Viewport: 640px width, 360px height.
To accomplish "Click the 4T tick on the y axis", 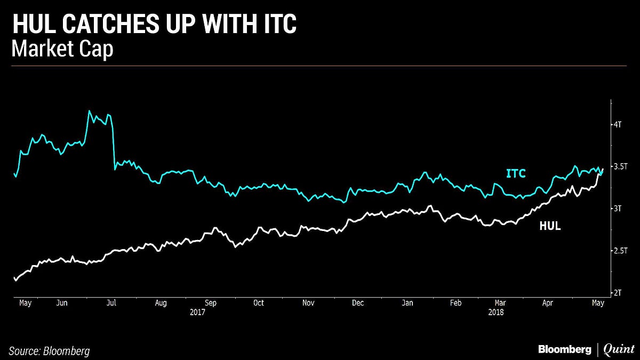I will pos(618,124).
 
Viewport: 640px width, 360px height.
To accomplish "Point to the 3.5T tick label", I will pos(620,166).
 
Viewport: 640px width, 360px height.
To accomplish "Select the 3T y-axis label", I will pos(618,209).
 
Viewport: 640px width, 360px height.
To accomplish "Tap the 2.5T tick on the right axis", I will pos(620,251).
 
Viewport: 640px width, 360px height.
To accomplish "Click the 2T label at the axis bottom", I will pos(618,293).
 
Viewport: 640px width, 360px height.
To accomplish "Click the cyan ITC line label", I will pos(516,173).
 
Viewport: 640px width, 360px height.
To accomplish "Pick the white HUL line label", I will pos(550,226).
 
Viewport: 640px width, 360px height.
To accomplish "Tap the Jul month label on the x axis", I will pos(112,303).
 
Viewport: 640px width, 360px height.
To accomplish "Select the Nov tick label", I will pos(308,303).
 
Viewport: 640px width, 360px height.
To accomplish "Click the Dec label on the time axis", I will pos(358,303).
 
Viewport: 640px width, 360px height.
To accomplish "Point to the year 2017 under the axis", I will pos(197,312).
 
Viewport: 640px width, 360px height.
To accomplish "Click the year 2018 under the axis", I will pos(496,312).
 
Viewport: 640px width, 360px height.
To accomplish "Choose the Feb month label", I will pos(455,303).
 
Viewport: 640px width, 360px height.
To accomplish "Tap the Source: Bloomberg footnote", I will pos(49,351).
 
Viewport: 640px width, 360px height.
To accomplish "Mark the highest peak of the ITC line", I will pos(89,111).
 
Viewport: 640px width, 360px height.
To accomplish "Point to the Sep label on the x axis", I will pos(210,303).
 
